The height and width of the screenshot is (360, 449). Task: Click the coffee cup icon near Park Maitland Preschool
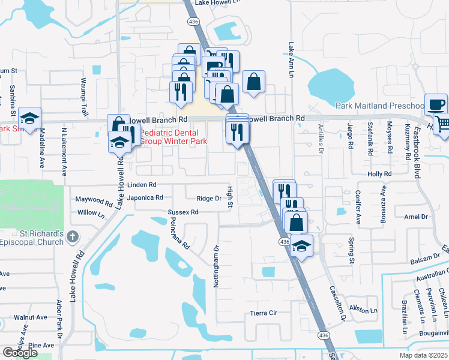pos(436,104)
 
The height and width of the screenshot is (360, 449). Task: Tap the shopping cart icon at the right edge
pos(442,124)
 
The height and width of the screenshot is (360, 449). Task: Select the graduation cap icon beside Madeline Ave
pos(29,118)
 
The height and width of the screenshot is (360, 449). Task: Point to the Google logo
pos(20,353)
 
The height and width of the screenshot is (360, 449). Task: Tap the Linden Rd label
pos(142,185)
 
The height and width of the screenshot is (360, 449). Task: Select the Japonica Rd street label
pos(145,197)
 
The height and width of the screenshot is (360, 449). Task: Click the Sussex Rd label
pos(182,212)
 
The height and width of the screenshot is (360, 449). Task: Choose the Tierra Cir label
pos(264,313)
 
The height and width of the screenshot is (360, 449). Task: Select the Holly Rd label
pos(379,174)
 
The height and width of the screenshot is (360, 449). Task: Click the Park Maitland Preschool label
pos(379,106)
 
